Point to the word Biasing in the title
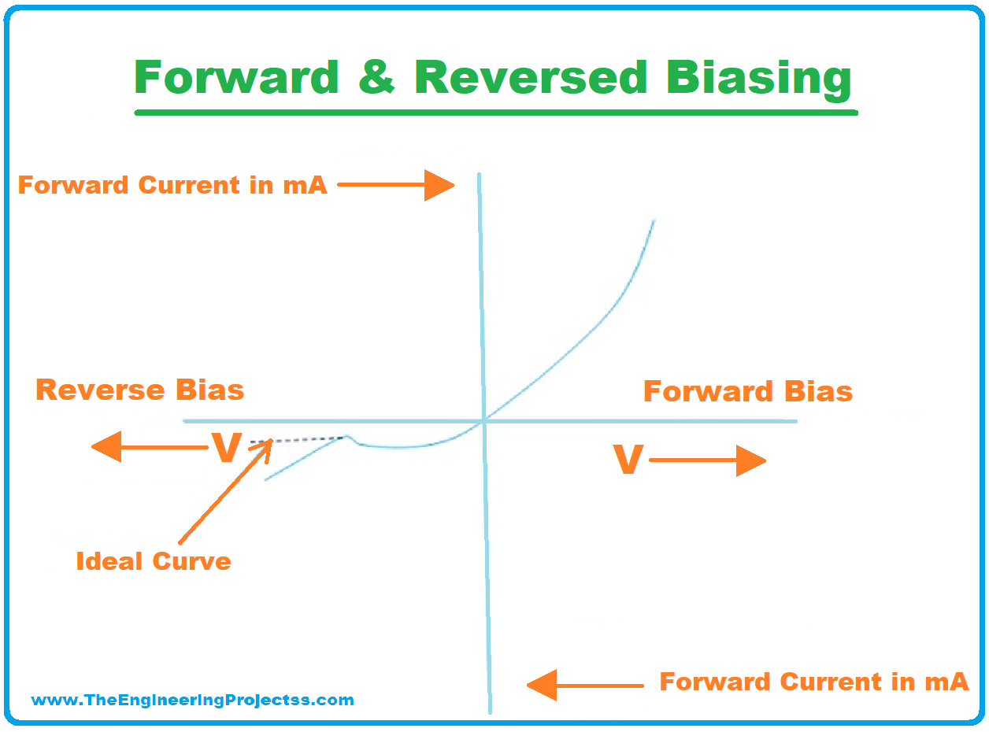click(x=759, y=80)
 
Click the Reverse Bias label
click(x=139, y=390)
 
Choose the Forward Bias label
click(x=748, y=391)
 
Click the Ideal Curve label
click(x=154, y=561)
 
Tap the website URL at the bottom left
click(x=192, y=700)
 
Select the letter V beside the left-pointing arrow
click(x=227, y=447)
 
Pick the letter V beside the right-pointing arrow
click(x=628, y=459)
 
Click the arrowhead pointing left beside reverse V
click(x=106, y=447)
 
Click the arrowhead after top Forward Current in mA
click(x=439, y=185)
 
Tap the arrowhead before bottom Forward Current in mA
click(x=542, y=686)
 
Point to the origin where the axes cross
click(x=483, y=421)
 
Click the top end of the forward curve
click(x=654, y=220)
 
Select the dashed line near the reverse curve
click(x=298, y=440)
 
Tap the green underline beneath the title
click(x=496, y=113)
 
